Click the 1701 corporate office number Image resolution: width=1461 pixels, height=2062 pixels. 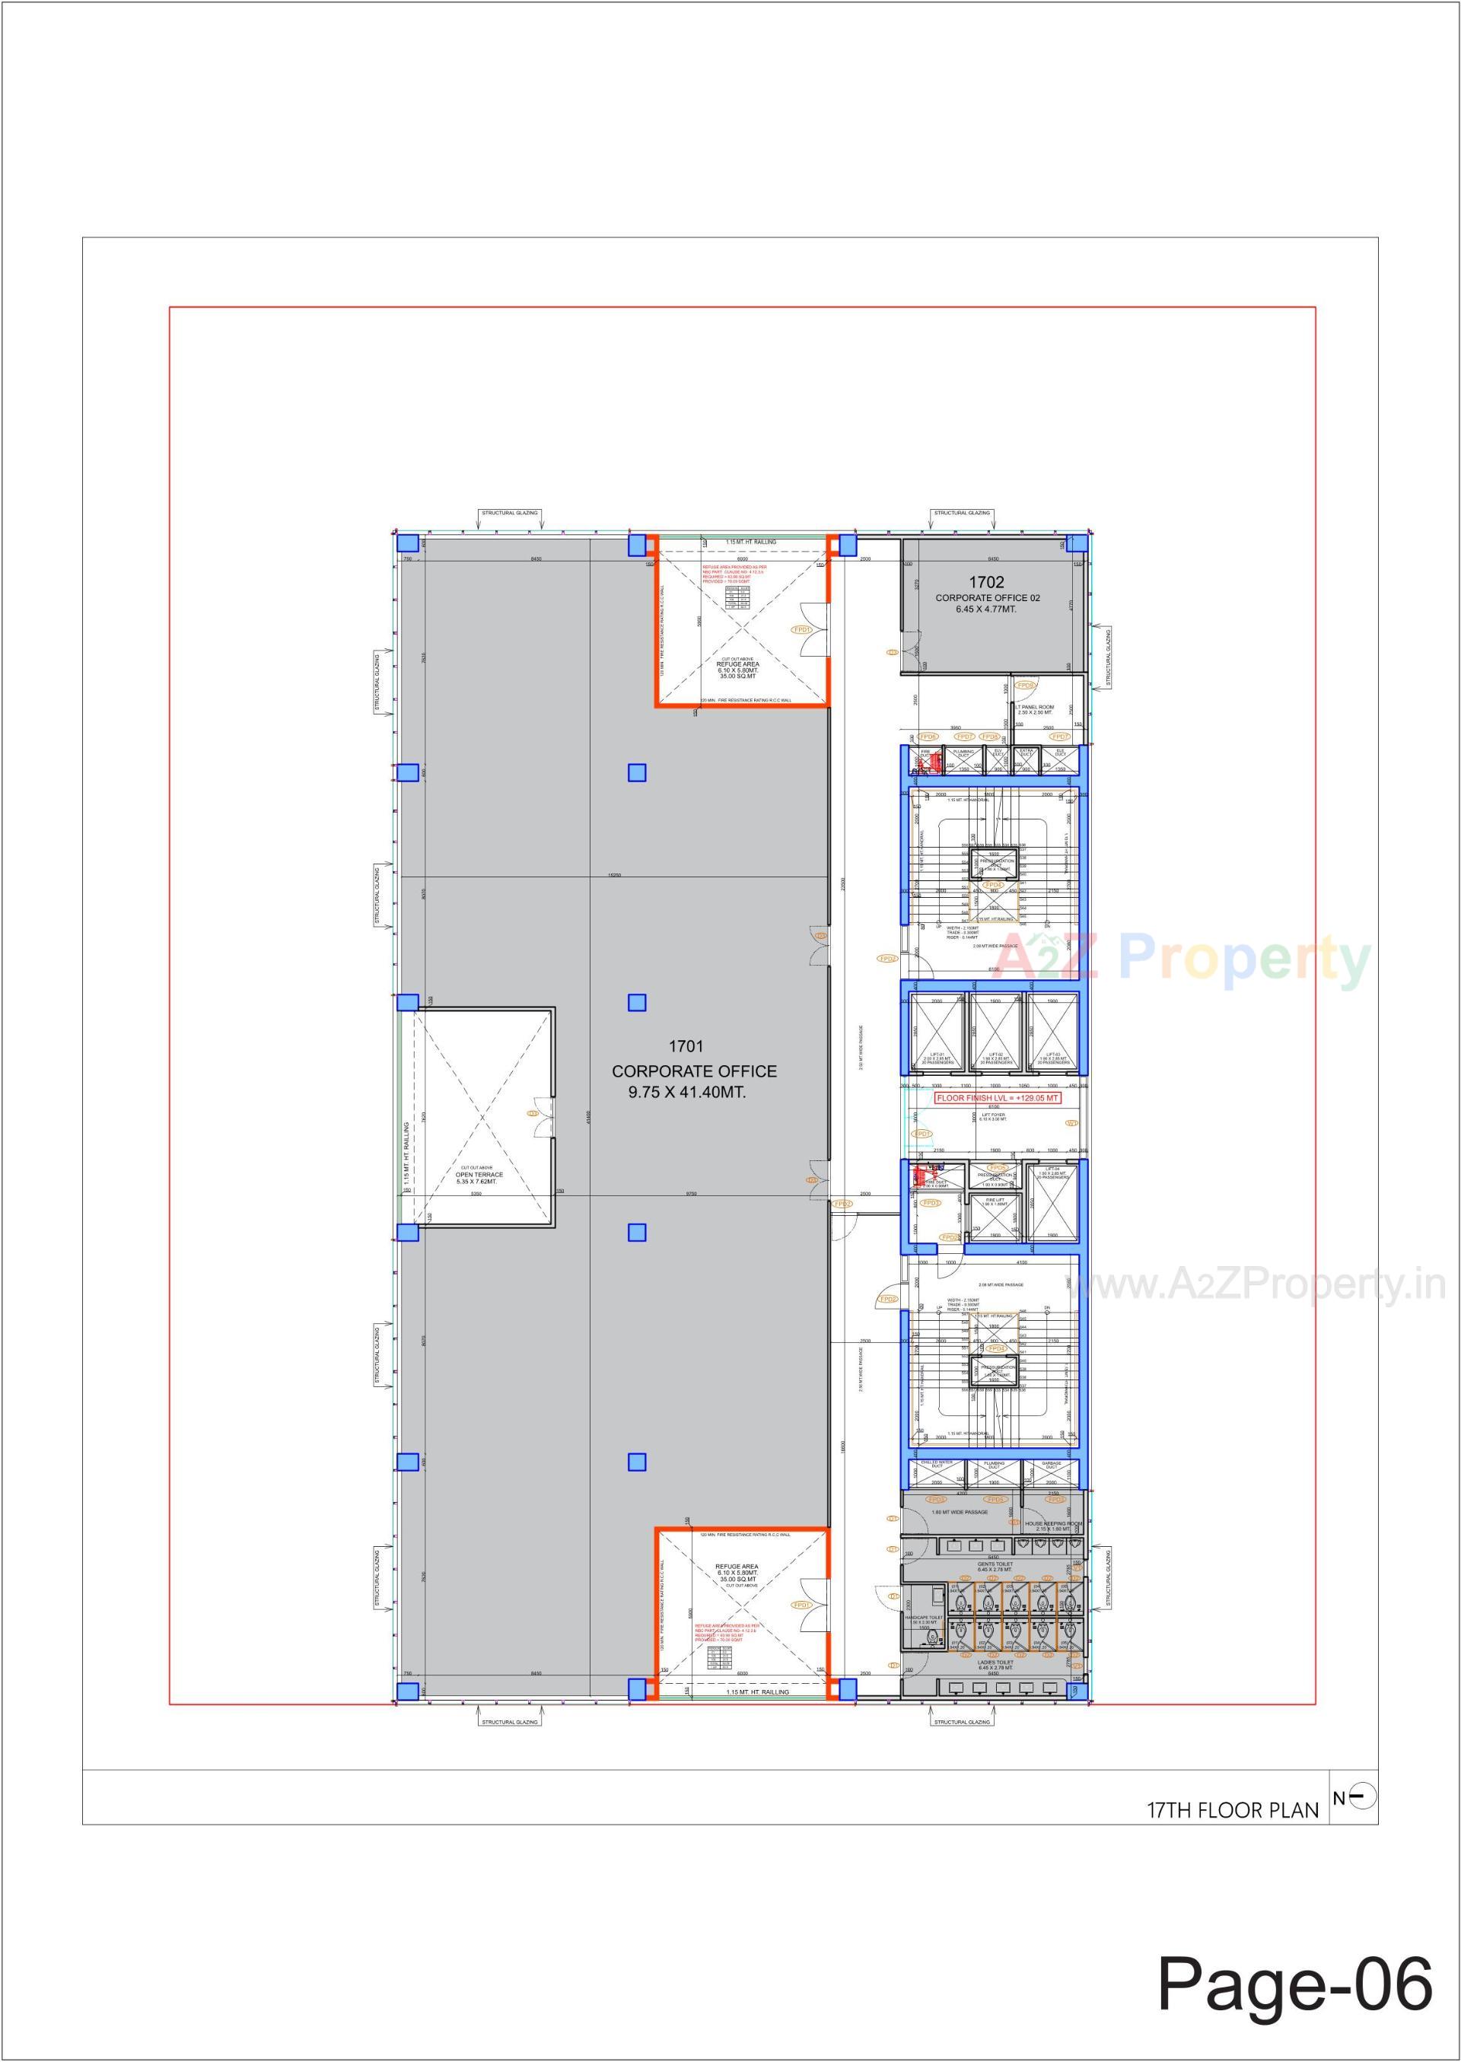tap(686, 1046)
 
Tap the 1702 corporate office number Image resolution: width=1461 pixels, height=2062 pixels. tap(986, 582)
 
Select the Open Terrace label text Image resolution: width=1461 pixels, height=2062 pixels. tap(479, 1175)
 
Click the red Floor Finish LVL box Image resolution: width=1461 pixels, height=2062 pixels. tap(998, 1099)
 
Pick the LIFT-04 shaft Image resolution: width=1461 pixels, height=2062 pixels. tap(1052, 1200)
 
